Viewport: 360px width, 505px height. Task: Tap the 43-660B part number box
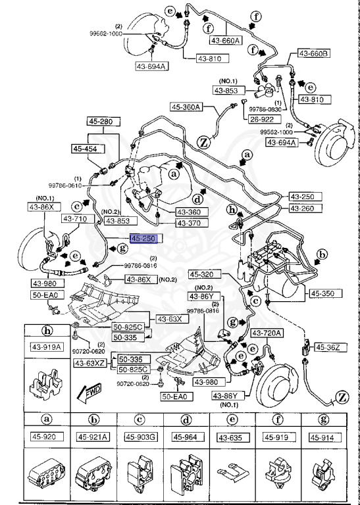click(313, 53)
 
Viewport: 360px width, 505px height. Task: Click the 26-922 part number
click(263, 119)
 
